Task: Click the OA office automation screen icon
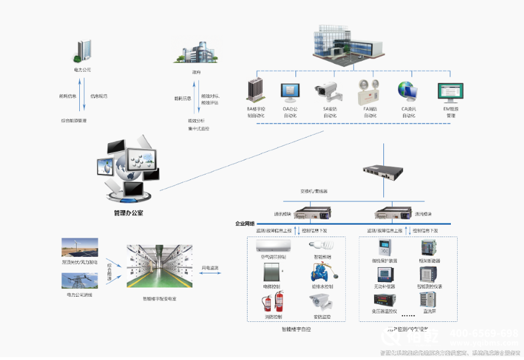coord(289,92)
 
